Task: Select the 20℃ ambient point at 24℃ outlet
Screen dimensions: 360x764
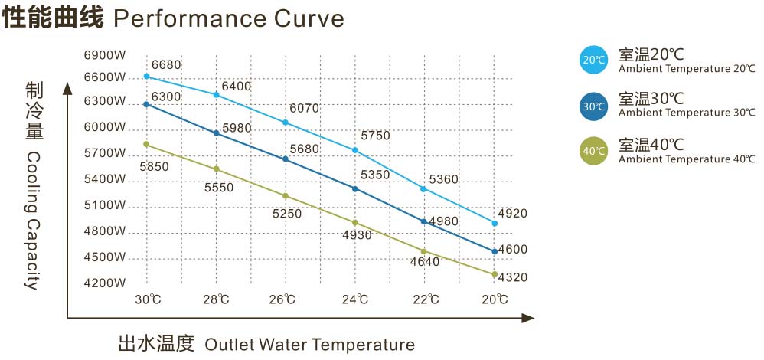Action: pyautogui.click(x=355, y=150)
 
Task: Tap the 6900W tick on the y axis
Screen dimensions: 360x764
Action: pyautogui.click(x=104, y=56)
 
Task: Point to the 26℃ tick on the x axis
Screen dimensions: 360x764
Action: pyautogui.click(x=283, y=299)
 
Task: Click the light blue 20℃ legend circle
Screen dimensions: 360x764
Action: pyautogui.click(x=594, y=60)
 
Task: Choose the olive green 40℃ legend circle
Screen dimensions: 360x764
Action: pyautogui.click(x=594, y=150)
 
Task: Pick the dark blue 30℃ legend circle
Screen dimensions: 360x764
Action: pyautogui.click(x=594, y=106)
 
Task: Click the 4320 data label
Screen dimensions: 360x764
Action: pyautogui.click(x=512, y=277)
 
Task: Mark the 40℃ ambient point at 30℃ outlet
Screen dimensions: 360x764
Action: pyautogui.click(x=146, y=144)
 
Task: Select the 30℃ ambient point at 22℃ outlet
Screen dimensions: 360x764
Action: pyautogui.click(x=423, y=221)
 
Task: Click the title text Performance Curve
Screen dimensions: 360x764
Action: pyautogui.click(x=228, y=18)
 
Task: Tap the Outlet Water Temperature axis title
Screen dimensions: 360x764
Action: pyautogui.click(x=309, y=344)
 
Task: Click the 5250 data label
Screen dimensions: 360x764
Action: pyautogui.click(x=287, y=214)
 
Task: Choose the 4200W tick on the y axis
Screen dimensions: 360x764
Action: pyautogui.click(x=104, y=283)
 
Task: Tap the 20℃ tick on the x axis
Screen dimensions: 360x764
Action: pyautogui.click(x=495, y=299)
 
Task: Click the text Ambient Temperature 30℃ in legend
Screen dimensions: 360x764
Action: pyautogui.click(x=687, y=113)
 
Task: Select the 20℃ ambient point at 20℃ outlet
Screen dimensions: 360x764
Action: pyautogui.click(x=495, y=224)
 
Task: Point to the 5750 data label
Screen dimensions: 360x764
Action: pyautogui.click(x=375, y=136)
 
